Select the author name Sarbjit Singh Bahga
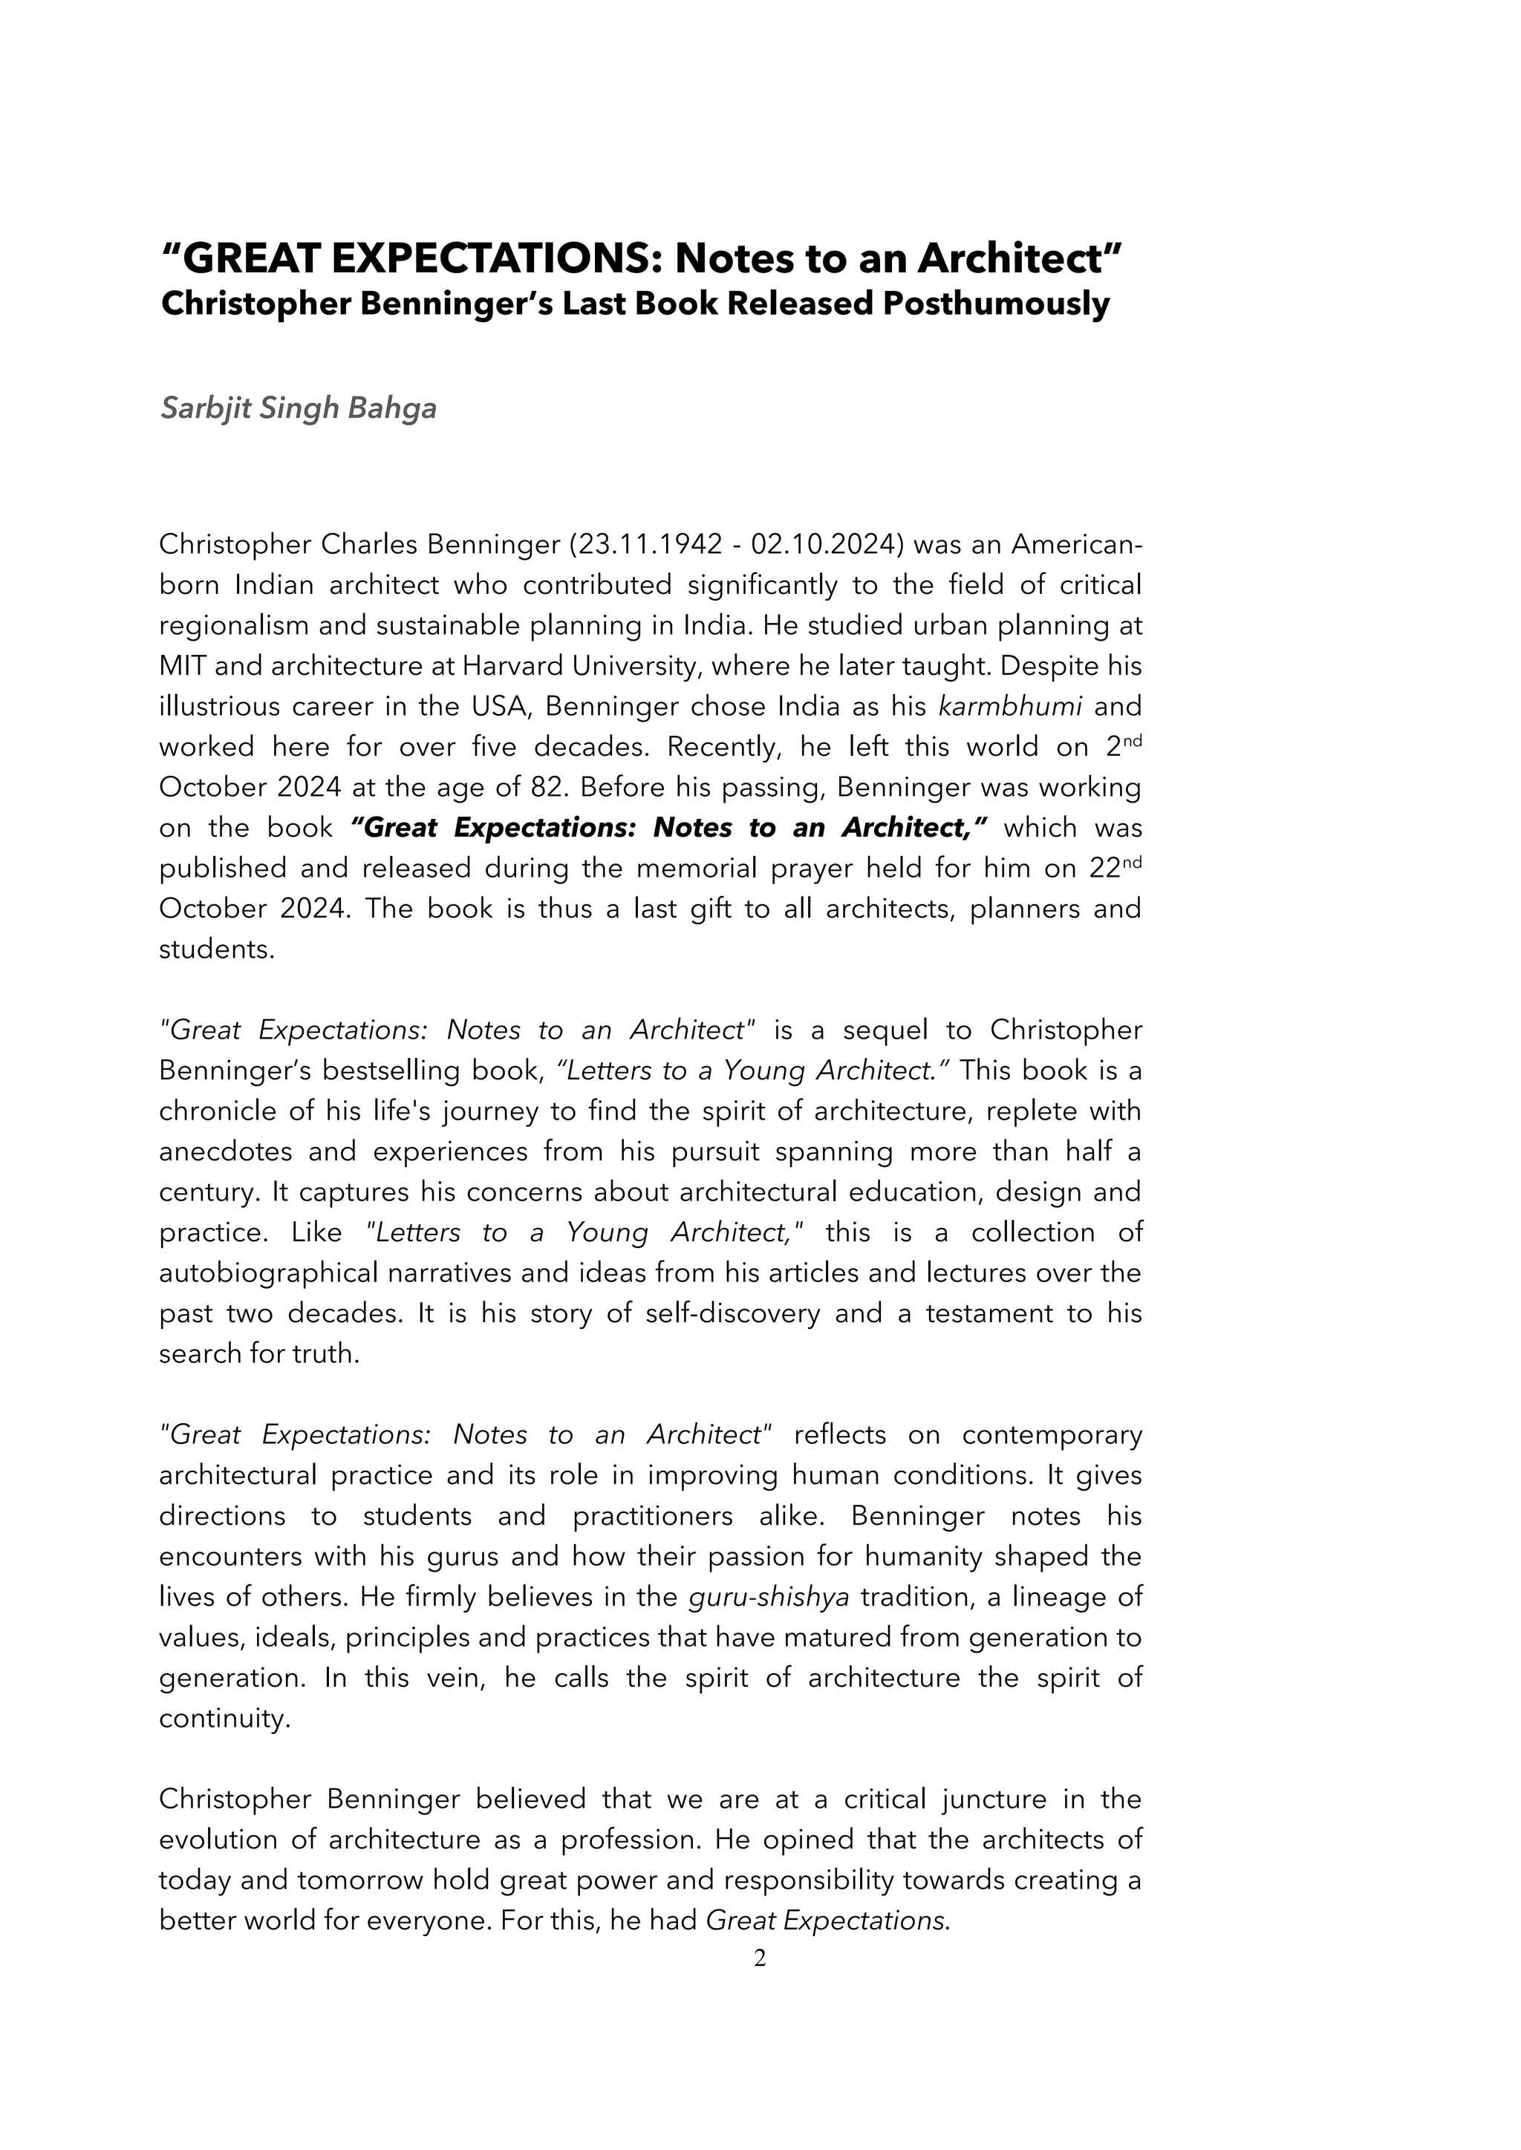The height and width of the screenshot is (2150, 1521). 298,408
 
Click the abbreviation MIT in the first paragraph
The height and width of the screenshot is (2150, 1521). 183,666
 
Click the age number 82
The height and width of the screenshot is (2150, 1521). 546,787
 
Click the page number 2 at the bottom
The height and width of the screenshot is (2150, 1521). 760,1957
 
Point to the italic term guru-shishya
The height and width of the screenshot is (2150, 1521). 768,1597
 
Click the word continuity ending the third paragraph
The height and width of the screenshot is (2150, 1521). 223,1719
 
